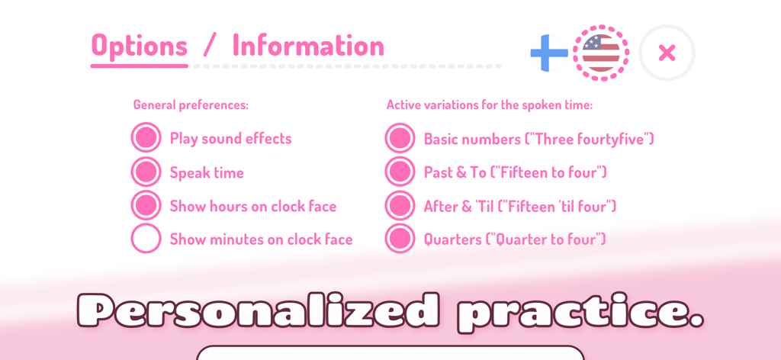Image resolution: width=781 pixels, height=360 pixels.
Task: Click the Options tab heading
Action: (139, 46)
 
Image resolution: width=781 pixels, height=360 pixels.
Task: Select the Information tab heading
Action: (308, 46)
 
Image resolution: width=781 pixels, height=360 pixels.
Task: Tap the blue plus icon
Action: (548, 53)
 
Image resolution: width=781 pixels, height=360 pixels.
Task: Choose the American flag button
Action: (601, 53)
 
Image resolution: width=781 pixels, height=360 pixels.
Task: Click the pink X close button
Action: (667, 53)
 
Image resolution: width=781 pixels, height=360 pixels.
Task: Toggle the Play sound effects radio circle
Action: (146, 138)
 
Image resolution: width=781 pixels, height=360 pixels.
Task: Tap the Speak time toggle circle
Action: (146, 172)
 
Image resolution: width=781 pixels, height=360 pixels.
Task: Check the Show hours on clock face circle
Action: (146, 206)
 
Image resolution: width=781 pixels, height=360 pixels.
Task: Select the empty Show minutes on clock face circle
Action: (146, 239)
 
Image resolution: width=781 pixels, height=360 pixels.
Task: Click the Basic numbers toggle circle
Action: (400, 139)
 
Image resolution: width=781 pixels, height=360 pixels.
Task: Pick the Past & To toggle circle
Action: (400, 172)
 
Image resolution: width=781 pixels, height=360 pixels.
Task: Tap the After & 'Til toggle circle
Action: (400, 206)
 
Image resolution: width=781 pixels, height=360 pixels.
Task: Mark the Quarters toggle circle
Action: (400, 239)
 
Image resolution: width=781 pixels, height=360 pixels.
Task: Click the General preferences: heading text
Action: (191, 105)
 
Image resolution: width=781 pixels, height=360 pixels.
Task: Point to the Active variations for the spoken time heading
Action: (489, 105)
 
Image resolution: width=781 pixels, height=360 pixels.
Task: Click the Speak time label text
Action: (207, 173)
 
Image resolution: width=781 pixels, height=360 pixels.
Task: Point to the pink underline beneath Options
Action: (139, 66)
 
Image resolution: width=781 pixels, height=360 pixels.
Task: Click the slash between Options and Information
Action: (210, 46)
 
